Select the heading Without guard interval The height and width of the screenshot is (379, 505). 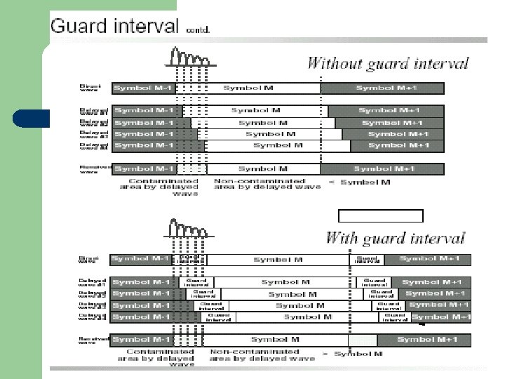point(388,65)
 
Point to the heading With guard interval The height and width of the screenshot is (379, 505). point(396,238)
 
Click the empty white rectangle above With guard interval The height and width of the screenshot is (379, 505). point(381,215)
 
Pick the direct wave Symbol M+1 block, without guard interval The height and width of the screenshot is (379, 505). point(382,88)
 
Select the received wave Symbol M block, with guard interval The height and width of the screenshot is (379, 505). point(275,340)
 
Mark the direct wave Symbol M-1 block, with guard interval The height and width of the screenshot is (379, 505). point(140,259)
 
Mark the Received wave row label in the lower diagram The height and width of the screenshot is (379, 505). point(93,340)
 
